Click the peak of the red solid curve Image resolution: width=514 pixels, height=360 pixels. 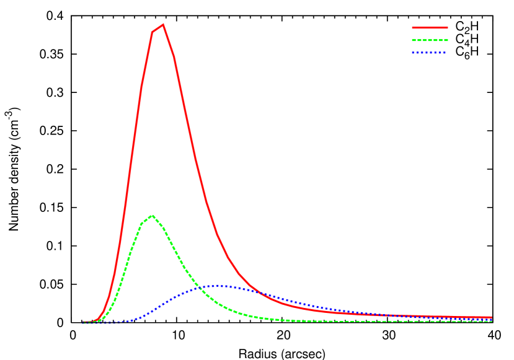163,25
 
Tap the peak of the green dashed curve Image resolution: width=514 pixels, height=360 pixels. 152,216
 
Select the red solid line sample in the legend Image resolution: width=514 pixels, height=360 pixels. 430,27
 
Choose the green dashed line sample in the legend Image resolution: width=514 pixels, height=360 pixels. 430,40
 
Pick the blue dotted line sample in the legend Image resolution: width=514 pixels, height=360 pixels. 430,53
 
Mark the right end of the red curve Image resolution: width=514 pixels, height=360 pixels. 492,317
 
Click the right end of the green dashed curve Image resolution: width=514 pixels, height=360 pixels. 492,321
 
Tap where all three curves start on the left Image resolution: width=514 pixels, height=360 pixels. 84,322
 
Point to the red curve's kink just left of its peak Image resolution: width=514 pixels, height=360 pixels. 153,32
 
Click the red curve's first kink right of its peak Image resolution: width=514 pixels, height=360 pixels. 174,57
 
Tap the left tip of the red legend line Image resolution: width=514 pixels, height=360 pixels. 412,27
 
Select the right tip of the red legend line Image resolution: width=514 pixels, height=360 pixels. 448,27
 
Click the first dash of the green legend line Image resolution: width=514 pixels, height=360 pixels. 414,40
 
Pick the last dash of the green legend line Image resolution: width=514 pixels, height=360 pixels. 445,40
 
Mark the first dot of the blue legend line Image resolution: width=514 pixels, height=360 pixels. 413,53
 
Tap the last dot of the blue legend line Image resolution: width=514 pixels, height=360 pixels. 445,53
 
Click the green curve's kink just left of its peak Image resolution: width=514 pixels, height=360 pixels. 141,224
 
